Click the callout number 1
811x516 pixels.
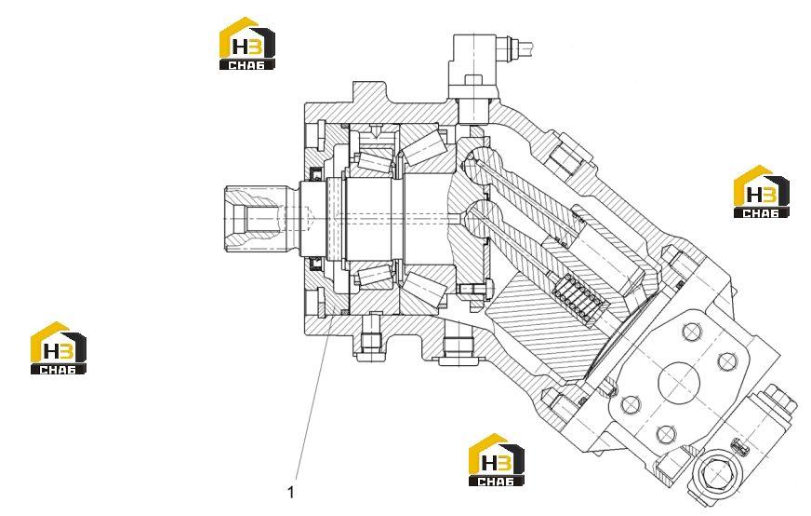pos(291,492)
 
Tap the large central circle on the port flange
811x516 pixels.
pos(678,382)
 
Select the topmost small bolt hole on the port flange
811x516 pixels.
pos(691,331)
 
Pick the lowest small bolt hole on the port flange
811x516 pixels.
pos(665,434)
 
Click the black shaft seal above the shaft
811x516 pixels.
pos(315,174)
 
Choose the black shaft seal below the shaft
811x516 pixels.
pos(315,265)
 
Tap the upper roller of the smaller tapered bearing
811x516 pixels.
pos(376,161)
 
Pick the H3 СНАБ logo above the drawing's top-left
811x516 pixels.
pos(247,44)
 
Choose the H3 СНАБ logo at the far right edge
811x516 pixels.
pos(762,191)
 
